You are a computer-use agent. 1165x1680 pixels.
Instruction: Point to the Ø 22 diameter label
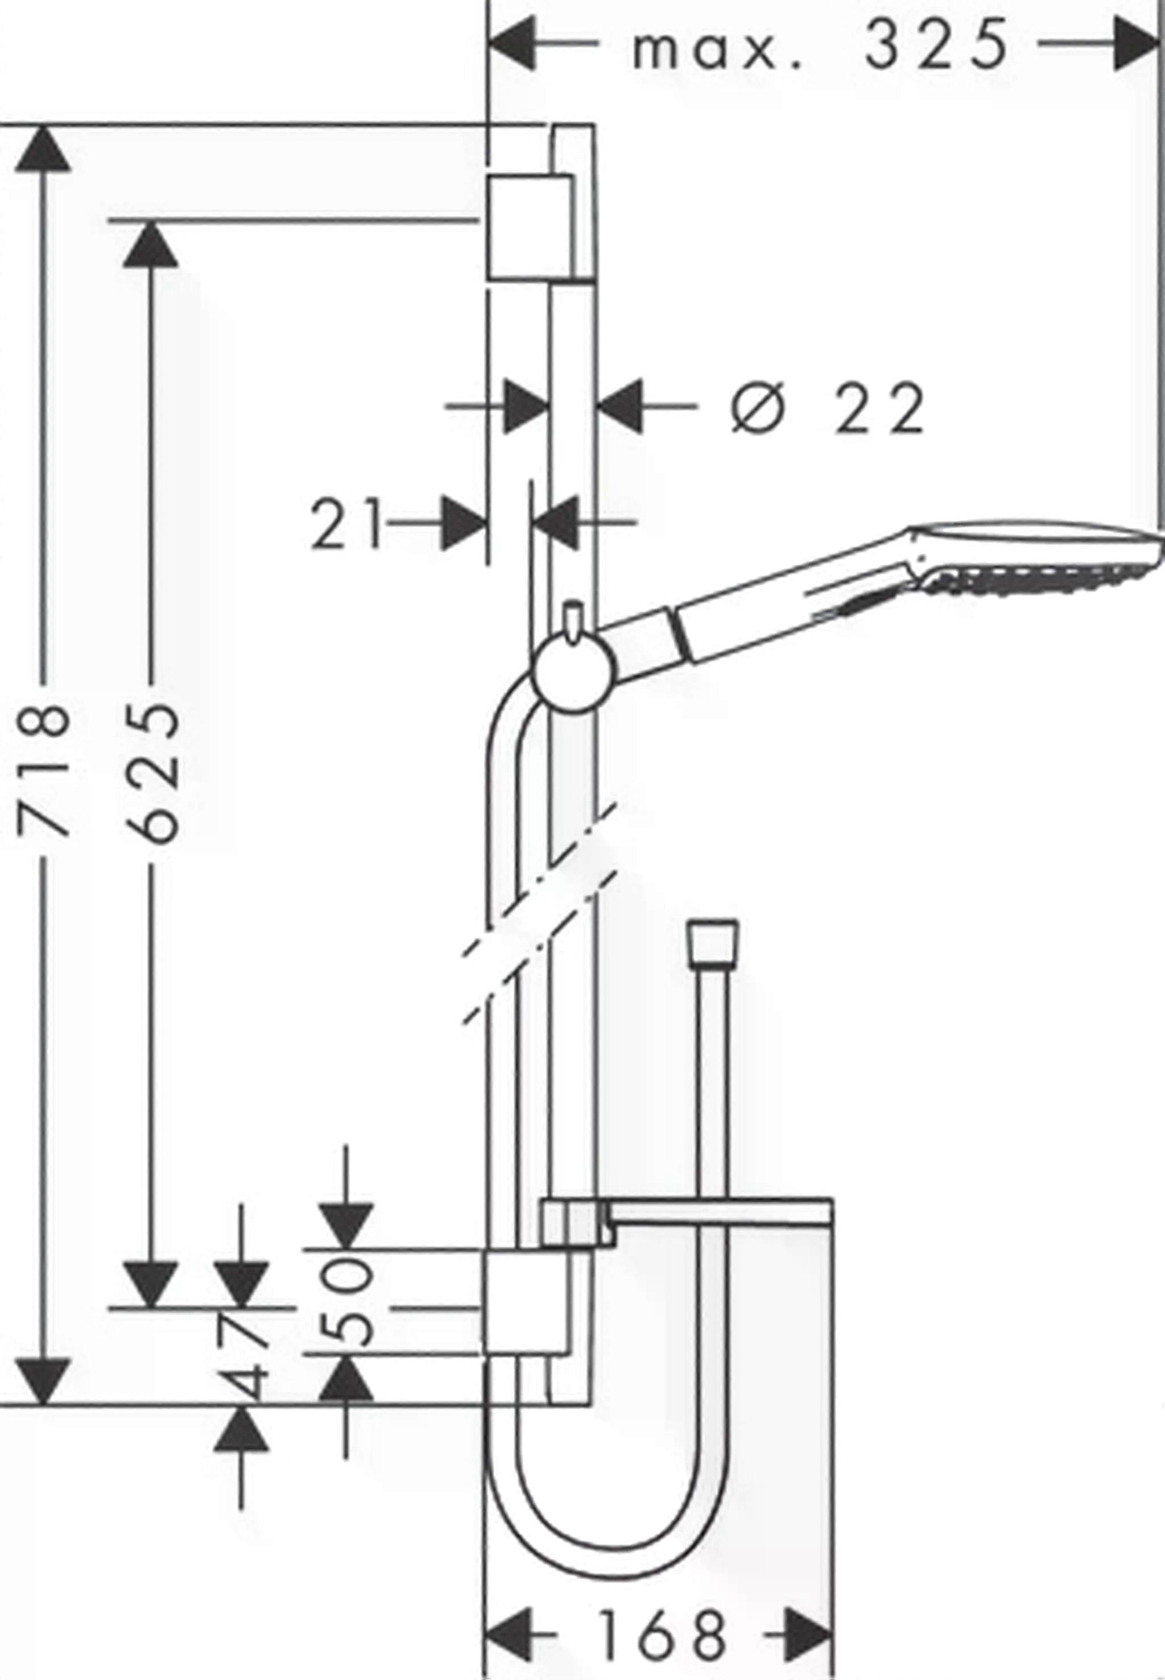coord(827,409)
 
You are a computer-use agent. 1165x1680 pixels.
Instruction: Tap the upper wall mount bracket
coord(531,227)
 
